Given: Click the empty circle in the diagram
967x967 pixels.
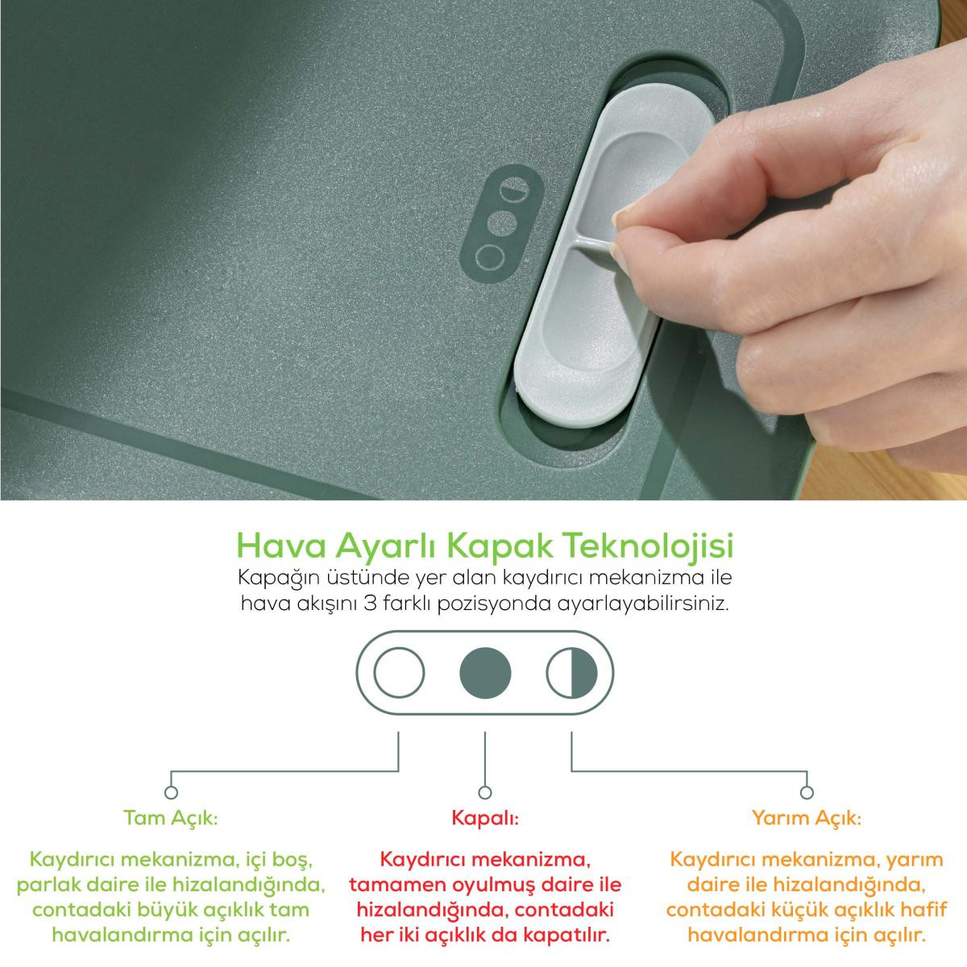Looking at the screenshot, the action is pyautogui.click(x=399, y=672).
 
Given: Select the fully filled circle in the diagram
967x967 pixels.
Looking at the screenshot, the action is pyautogui.click(x=485, y=672).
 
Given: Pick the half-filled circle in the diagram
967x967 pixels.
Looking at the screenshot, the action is pyautogui.click(x=571, y=672).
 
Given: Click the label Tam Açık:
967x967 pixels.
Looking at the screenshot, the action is pyautogui.click(x=171, y=819).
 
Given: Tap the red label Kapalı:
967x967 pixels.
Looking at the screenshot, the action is pyautogui.click(x=485, y=819).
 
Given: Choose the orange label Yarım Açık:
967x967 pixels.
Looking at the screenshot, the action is pyautogui.click(x=807, y=819).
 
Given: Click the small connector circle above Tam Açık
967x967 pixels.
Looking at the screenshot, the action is pyautogui.click(x=171, y=792).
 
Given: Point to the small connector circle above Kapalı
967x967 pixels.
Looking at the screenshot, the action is pyautogui.click(x=485, y=792).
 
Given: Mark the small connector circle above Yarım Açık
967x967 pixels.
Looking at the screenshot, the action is pyautogui.click(x=807, y=792).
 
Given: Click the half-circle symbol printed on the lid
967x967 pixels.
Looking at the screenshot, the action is pyautogui.click(x=514, y=189).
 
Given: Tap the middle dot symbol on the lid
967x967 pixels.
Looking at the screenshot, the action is pyautogui.click(x=502, y=223).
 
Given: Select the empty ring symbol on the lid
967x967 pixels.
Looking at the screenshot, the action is pyautogui.click(x=490, y=257).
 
